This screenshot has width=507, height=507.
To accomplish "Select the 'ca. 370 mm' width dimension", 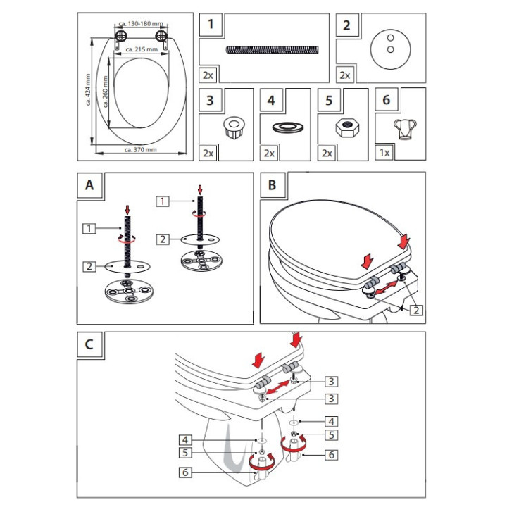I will coord(140,150).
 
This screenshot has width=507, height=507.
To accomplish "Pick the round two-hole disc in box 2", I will coord(386,45).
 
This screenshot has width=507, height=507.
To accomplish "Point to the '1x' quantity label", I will coord(384,152).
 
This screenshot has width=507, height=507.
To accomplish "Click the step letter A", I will coord(89,185).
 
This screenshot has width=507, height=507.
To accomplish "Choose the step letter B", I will coord(272,185).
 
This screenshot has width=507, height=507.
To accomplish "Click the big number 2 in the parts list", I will coord(346,26).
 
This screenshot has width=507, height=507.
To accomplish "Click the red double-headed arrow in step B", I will coord(384,284).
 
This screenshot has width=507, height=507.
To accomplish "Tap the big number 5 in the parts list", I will coord(329,99).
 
